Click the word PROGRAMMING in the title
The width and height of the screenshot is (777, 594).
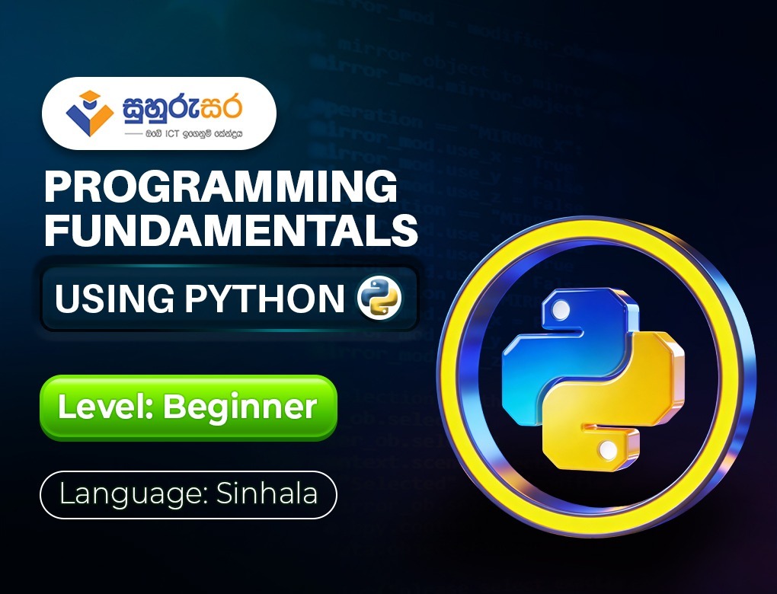point(221,187)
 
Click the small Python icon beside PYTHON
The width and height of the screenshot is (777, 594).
point(379,299)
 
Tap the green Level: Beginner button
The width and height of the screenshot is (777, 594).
point(188,407)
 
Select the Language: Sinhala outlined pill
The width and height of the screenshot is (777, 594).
point(188,495)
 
